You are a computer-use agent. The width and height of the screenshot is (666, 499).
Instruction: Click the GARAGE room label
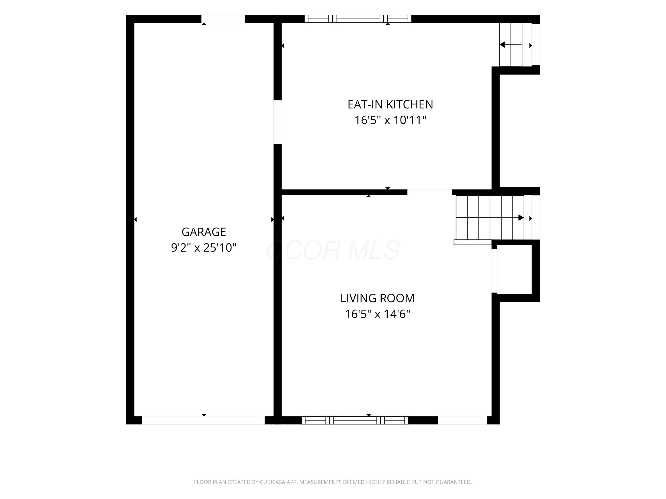click(204, 232)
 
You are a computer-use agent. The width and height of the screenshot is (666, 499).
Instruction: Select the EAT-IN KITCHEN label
click(390, 104)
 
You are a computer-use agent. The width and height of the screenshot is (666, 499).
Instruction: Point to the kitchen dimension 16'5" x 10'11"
click(390, 120)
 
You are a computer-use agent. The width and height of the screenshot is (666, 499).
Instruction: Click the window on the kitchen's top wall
click(358, 19)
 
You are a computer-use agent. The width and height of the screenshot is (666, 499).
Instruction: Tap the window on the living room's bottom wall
click(355, 420)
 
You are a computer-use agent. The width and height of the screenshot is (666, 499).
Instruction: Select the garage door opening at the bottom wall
click(203, 420)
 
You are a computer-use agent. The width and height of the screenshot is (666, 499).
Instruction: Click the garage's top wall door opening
click(223, 19)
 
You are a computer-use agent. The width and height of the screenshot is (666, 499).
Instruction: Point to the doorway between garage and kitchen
click(277, 122)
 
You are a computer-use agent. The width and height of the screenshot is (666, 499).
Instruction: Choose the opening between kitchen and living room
click(430, 192)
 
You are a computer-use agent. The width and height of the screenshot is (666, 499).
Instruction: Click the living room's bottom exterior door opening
click(462, 420)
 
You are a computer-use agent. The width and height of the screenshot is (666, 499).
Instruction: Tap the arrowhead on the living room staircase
click(521, 218)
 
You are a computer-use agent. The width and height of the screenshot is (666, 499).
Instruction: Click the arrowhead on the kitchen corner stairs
click(502, 45)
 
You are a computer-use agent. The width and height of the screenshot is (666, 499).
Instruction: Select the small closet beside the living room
click(514, 269)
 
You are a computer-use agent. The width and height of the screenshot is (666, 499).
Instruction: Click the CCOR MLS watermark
click(333, 250)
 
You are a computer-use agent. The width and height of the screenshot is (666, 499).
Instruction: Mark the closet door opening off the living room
click(494, 271)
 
